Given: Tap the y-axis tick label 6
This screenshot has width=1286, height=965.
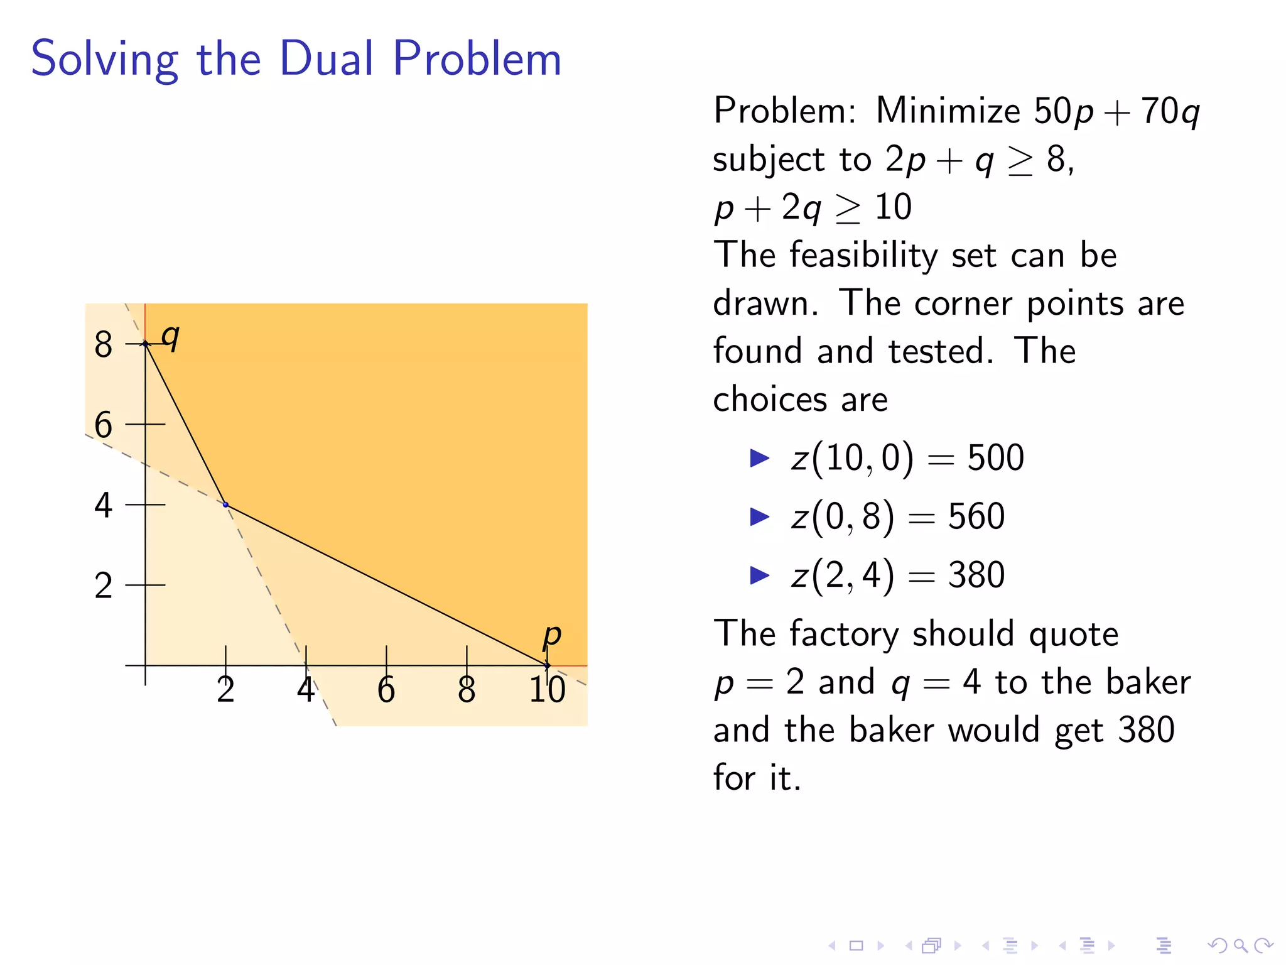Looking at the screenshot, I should [103, 425].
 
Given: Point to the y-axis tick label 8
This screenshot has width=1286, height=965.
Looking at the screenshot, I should [103, 344].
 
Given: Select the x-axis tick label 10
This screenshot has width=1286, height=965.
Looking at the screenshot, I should [547, 690].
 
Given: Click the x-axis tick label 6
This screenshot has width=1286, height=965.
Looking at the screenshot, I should [386, 690].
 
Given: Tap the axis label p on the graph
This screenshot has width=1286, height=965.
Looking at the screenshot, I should [551, 635].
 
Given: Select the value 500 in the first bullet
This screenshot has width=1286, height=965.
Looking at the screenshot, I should [995, 457].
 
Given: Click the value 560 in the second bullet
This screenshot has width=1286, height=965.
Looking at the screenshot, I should [976, 516].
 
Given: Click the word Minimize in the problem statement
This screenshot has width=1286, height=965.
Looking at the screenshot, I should [948, 111].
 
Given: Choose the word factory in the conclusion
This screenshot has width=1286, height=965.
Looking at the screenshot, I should [845, 633].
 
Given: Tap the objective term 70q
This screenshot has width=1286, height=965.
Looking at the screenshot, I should [1170, 112].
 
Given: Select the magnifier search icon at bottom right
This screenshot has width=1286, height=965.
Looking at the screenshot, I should [1240, 945].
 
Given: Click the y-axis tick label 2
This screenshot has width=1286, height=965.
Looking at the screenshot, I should [103, 586].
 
